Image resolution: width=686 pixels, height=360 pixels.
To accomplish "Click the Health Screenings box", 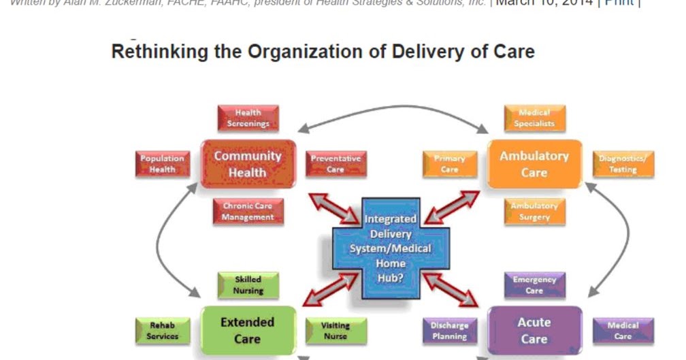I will click(x=248, y=118).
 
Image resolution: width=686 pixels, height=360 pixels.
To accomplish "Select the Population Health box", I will click(x=162, y=164).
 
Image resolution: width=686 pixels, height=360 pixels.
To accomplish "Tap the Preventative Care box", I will click(x=336, y=164).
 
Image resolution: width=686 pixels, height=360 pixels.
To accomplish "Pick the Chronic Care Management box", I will click(x=248, y=212).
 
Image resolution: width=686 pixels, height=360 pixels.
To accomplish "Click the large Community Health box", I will click(x=247, y=164).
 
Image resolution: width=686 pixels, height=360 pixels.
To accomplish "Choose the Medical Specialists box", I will click(x=534, y=118).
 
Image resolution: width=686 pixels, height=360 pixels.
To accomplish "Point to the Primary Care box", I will click(x=449, y=164).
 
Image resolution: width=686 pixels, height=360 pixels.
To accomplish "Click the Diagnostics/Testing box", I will click(x=623, y=164).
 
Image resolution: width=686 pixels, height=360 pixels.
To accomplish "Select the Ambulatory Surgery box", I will click(x=534, y=212).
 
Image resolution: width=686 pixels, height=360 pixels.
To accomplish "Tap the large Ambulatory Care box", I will click(x=534, y=164).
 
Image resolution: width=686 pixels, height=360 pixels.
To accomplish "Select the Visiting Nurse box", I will click(x=336, y=331).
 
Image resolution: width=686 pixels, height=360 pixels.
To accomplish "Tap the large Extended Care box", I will click(x=247, y=331).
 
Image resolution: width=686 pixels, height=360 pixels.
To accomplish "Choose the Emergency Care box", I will click(x=534, y=285).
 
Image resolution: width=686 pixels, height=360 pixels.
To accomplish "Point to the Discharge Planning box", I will click(x=449, y=331).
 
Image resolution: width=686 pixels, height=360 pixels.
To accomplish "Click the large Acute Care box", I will click(x=534, y=331).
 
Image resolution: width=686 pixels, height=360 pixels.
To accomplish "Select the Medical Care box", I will click(x=623, y=331).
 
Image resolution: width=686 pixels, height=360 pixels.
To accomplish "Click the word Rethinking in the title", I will click(x=154, y=52).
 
